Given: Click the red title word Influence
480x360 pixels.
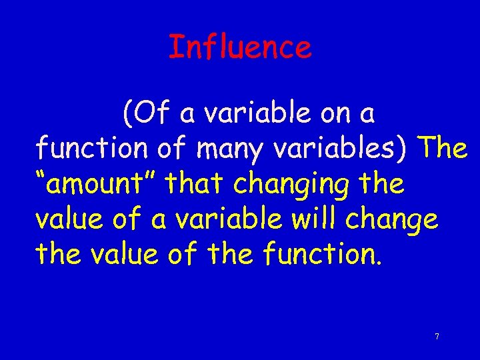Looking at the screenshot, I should [x=240, y=47].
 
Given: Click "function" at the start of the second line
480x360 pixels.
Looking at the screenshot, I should [x=91, y=148].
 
